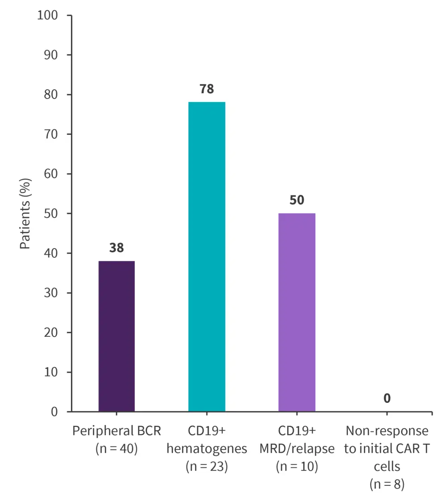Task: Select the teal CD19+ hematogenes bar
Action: (x=206, y=257)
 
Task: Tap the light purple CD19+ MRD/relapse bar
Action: (x=297, y=312)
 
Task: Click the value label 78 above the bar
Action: (x=206, y=89)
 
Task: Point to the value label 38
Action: (x=116, y=248)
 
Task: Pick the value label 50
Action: (x=297, y=200)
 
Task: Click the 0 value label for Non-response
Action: (x=387, y=398)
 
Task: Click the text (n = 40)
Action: (x=116, y=449)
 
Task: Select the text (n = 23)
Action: (x=206, y=467)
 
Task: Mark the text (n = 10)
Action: (x=297, y=467)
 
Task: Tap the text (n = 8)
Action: (x=387, y=484)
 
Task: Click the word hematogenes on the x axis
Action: (x=206, y=449)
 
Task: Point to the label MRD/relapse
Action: (x=297, y=449)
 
